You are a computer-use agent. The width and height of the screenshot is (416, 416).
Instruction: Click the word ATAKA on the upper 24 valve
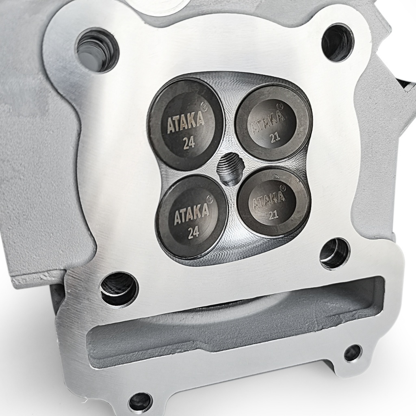[x=185, y=123]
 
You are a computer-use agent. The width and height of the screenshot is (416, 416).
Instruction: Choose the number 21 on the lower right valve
[x=274, y=215]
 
